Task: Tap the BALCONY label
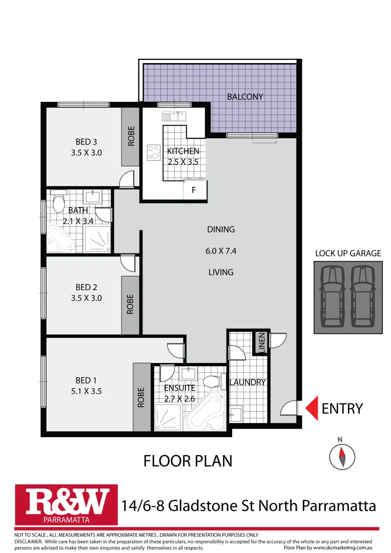pyautogui.click(x=245, y=96)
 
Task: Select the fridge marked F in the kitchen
pyautogui.click(x=195, y=190)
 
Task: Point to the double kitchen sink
pyautogui.click(x=174, y=116)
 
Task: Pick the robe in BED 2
pyautogui.click(x=130, y=304)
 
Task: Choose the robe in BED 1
pyautogui.click(x=141, y=397)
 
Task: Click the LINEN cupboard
pyautogui.click(x=261, y=343)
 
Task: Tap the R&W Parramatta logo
pyautogui.click(x=67, y=505)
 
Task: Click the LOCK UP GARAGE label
pyautogui.click(x=348, y=253)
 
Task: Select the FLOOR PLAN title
pyautogui.click(x=188, y=461)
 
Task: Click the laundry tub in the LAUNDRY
pyautogui.click(x=236, y=413)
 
